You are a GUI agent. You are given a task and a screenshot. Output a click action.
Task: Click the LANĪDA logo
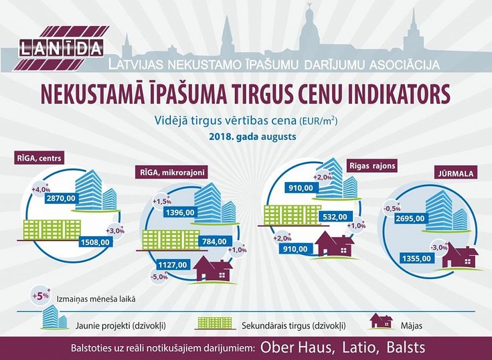click(61, 48)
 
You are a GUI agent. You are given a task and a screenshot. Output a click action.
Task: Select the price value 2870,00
click(61, 198)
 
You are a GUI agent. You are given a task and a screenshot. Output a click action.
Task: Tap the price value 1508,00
click(95, 242)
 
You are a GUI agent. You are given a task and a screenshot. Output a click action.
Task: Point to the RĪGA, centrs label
click(39, 158)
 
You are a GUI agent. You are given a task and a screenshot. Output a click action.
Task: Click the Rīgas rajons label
click(372, 165)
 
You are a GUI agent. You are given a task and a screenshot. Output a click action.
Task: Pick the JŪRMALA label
click(456, 173)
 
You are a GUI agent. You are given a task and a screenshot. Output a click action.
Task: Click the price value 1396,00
click(180, 213)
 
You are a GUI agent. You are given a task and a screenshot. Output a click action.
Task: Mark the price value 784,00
click(215, 242)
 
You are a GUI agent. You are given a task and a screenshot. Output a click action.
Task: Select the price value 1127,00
click(173, 265)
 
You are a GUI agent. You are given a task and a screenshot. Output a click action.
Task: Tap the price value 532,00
click(335, 217)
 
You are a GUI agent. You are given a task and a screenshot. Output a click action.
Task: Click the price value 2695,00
click(410, 219)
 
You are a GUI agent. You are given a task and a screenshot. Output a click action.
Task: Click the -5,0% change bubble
click(159, 277)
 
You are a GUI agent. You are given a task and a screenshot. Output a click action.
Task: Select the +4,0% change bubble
click(41, 189)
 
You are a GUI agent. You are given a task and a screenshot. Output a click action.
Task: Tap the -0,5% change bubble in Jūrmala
click(392, 208)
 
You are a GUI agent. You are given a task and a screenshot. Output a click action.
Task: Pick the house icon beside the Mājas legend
click(382, 321)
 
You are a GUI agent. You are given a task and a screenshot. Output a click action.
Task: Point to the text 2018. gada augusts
click(252, 137)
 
